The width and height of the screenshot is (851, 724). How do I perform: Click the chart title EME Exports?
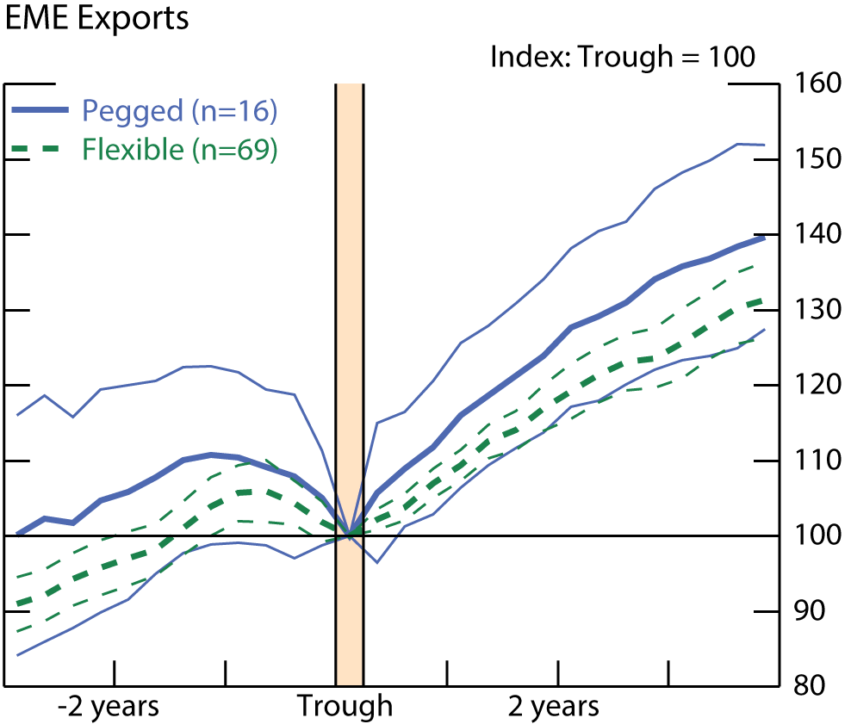pyautogui.click(x=96, y=19)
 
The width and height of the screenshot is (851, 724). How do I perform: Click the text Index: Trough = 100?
pyautogui.click(x=622, y=58)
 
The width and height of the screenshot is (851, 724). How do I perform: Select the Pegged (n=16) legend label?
pyautogui.click(x=180, y=111)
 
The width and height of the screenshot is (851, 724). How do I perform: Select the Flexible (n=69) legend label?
pyautogui.click(x=180, y=150)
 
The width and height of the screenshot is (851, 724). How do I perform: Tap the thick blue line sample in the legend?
pyautogui.click(x=39, y=110)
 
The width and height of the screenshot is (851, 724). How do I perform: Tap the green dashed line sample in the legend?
pyautogui.click(x=39, y=150)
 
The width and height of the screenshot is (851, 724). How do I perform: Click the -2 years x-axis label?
pyautogui.click(x=109, y=708)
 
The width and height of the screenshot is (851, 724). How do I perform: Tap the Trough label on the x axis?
pyautogui.click(x=345, y=708)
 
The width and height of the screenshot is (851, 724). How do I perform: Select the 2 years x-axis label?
pyautogui.click(x=553, y=708)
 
